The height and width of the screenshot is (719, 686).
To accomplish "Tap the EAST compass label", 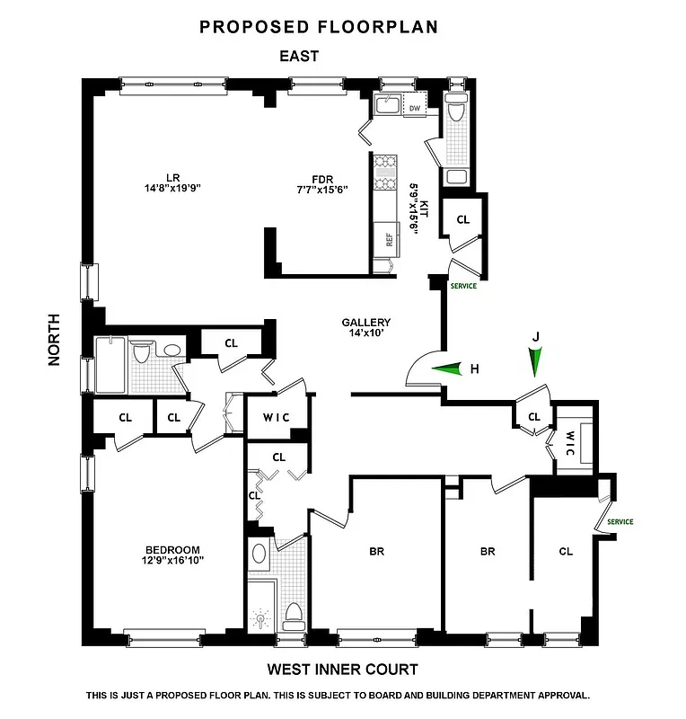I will tap(299, 57).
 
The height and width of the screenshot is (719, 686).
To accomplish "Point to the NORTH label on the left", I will tap(53, 339).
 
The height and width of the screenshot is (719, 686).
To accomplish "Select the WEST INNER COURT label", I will tap(342, 670).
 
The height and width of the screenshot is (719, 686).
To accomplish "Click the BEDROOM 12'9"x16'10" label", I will tap(172, 555).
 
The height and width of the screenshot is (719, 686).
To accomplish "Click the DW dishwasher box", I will tap(414, 109).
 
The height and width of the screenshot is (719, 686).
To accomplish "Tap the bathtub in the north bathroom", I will tap(110, 365).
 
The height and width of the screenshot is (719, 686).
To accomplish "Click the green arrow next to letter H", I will tap(448, 368).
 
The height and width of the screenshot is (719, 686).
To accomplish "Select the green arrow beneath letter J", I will tap(536, 362).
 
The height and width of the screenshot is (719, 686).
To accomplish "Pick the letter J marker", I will tap(536, 336).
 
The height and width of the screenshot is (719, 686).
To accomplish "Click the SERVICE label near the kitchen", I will tap(463, 286).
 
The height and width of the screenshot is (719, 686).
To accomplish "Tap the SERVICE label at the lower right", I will tap(620, 521).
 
